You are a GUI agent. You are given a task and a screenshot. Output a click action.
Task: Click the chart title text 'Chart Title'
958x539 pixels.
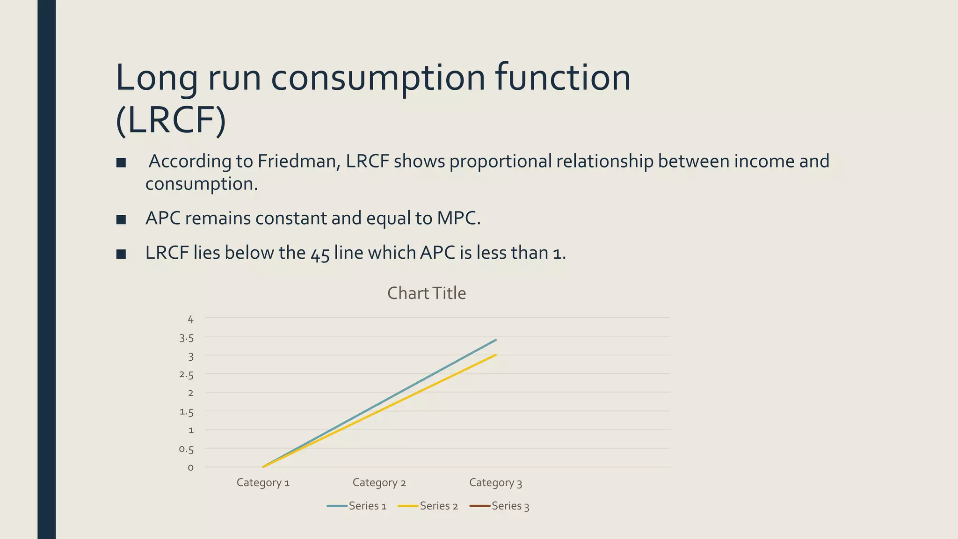[x=426, y=293]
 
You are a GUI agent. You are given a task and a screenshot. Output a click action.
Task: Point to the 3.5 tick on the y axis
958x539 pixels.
[x=186, y=338]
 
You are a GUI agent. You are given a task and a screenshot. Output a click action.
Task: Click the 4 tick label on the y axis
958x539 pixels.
[x=190, y=319]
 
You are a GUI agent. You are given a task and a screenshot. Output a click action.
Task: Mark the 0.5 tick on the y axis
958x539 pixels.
[x=186, y=449]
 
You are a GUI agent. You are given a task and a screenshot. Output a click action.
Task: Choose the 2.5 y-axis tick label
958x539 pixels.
[x=186, y=375]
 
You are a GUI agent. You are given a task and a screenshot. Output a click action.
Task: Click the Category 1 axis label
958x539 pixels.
[x=263, y=482]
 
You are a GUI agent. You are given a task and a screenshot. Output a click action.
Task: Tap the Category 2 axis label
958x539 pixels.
[x=379, y=482]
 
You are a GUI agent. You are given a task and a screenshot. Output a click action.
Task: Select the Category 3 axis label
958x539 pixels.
[x=495, y=482]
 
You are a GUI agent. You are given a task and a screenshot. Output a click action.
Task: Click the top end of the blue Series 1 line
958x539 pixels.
[x=495, y=340]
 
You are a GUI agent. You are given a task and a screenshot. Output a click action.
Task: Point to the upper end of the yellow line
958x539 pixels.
[x=495, y=355]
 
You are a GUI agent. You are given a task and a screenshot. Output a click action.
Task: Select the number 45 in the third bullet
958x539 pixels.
[x=320, y=253]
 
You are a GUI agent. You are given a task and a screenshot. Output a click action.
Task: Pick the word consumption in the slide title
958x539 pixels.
[x=378, y=77]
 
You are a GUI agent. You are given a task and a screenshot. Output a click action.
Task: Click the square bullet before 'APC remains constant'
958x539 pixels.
[x=121, y=219]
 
